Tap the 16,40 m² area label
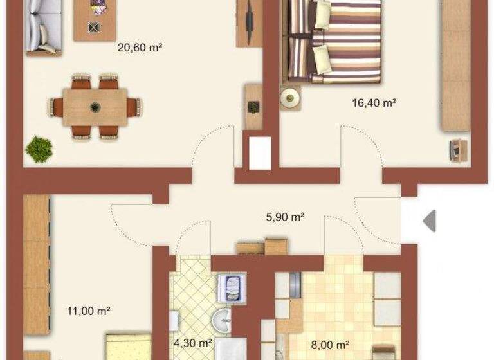(373, 102)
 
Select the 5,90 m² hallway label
(284, 217)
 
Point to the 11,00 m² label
(89, 311)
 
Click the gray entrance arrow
(429, 221)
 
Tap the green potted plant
(39, 148)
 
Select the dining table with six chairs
(95, 106)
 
